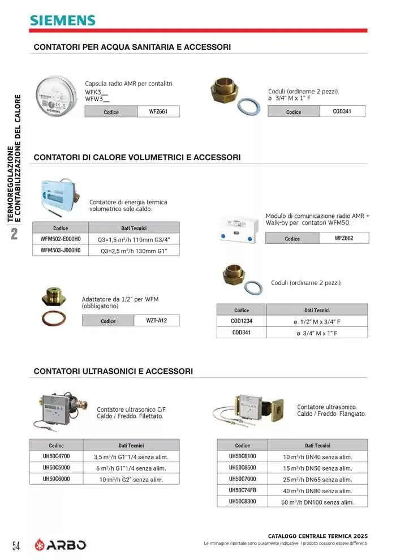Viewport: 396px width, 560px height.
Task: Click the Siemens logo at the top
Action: click(63, 20)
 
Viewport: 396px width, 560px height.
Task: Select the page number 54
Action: click(16, 546)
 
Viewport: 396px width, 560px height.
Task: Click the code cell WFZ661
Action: click(158, 111)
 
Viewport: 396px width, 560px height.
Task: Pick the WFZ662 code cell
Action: click(343, 238)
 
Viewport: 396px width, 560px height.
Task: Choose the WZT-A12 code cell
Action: click(156, 321)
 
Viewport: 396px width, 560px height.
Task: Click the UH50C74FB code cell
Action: click(242, 490)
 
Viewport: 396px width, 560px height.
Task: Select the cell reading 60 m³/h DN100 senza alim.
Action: click(317, 502)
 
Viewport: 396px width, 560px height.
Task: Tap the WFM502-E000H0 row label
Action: click(61, 239)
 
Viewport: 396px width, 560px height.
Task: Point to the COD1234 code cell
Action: click(242, 321)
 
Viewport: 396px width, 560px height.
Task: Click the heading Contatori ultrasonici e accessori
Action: click(113, 371)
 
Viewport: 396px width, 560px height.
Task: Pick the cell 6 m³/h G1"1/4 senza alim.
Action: click(131, 468)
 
